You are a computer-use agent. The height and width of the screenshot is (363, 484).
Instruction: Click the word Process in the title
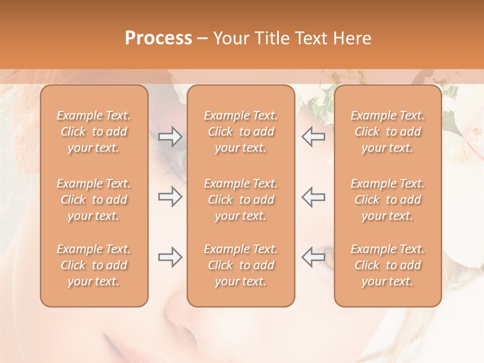(158, 38)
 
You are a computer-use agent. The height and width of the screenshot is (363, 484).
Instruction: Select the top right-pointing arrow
(170, 137)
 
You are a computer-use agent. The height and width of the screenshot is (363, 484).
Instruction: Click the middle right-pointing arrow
(170, 197)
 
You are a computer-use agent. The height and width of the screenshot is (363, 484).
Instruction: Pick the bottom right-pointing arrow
(170, 257)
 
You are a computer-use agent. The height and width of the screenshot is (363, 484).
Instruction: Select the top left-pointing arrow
(313, 137)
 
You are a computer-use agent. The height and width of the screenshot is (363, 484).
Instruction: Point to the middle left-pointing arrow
(313, 197)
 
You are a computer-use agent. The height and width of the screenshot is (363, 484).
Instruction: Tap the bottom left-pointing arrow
(313, 257)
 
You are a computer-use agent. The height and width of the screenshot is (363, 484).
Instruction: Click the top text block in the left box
(94, 132)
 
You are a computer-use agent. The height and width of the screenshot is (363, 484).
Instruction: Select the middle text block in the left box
(94, 200)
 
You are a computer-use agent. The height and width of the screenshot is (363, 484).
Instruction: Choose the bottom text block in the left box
(94, 265)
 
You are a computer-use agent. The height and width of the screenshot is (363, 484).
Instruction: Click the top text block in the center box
(241, 132)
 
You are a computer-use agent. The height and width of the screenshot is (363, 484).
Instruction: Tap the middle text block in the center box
(241, 200)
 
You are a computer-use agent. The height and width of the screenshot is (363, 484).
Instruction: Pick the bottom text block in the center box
(241, 265)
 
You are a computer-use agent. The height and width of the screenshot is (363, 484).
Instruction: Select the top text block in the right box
(388, 132)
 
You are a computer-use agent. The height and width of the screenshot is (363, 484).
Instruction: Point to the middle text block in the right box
(388, 200)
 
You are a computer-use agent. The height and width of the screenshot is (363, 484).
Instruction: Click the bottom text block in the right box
(388, 265)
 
